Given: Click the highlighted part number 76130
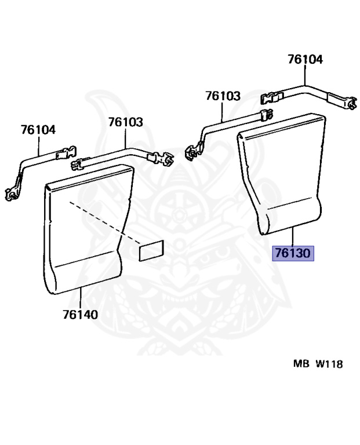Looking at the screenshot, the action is [293, 253].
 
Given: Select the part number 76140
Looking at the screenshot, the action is [81, 315].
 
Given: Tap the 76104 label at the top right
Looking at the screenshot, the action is [305, 60].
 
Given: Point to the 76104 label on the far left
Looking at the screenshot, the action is [38, 130].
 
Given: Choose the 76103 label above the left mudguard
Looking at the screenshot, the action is [125, 122].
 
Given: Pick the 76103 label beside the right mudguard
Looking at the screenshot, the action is [223, 96].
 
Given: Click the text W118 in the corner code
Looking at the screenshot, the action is [329, 364].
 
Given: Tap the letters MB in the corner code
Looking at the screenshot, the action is [301, 363].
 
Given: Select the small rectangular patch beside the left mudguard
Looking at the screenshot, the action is [151, 250].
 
